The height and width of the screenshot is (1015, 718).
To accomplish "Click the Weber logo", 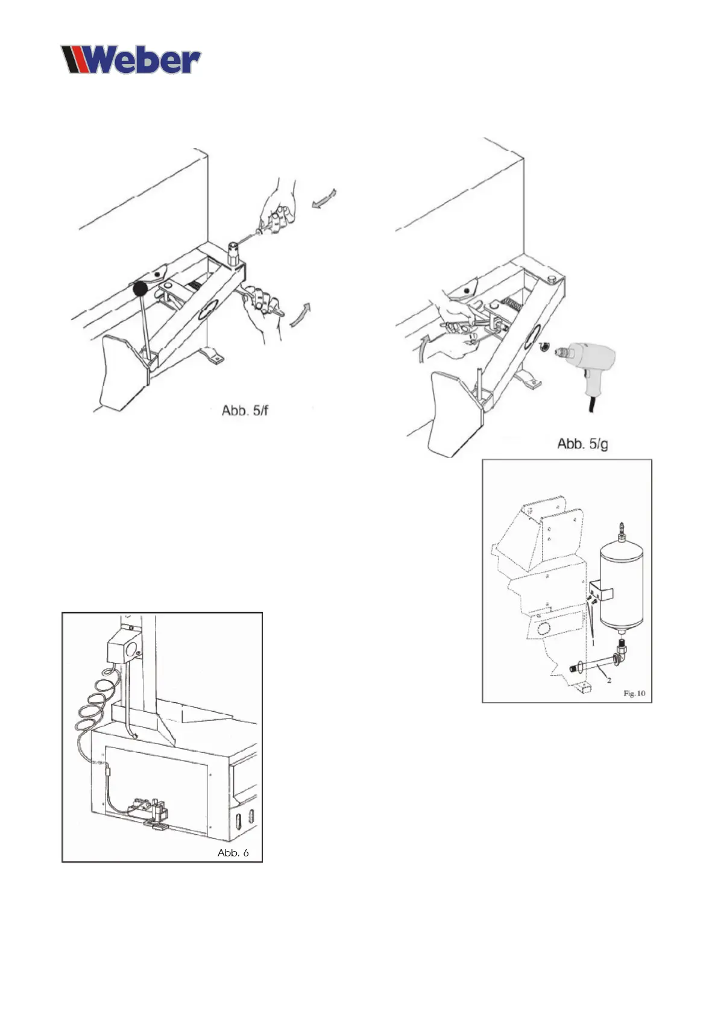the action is point(130,60).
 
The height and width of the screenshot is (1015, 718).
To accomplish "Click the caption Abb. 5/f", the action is point(244,411).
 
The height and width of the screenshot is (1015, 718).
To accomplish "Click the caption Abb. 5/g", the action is point(582,444).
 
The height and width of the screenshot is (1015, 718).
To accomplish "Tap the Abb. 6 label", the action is point(233,853).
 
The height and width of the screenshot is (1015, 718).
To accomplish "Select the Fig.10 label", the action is point(634,694).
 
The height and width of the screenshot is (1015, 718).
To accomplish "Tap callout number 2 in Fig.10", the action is point(609,680).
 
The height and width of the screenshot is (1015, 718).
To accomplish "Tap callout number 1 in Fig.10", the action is point(593,643).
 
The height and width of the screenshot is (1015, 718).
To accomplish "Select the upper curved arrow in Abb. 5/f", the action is point(324,198).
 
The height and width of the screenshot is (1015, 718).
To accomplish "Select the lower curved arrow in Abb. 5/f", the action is point(301,315).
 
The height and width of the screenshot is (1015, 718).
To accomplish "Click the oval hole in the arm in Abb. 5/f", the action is point(207,309).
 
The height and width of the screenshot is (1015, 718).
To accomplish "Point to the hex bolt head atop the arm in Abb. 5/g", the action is point(552,279).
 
